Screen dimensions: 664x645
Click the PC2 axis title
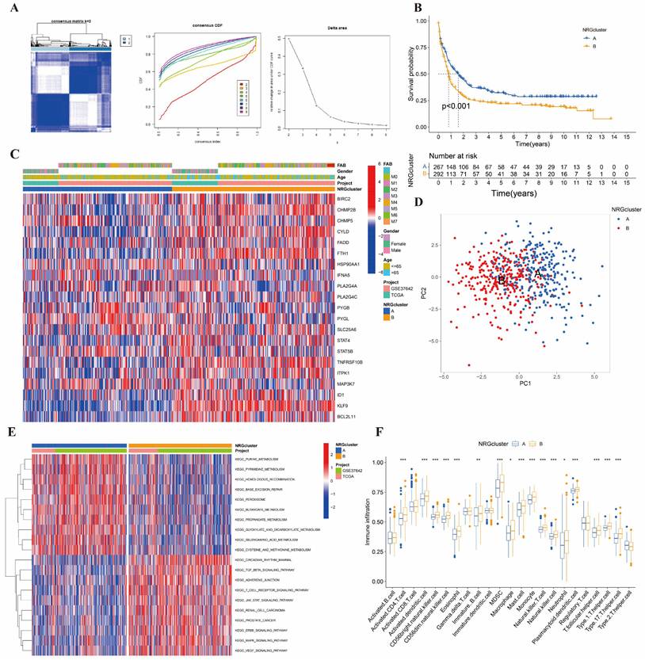[x=427, y=289]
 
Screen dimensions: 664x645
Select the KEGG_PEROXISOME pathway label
[x=254, y=500]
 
